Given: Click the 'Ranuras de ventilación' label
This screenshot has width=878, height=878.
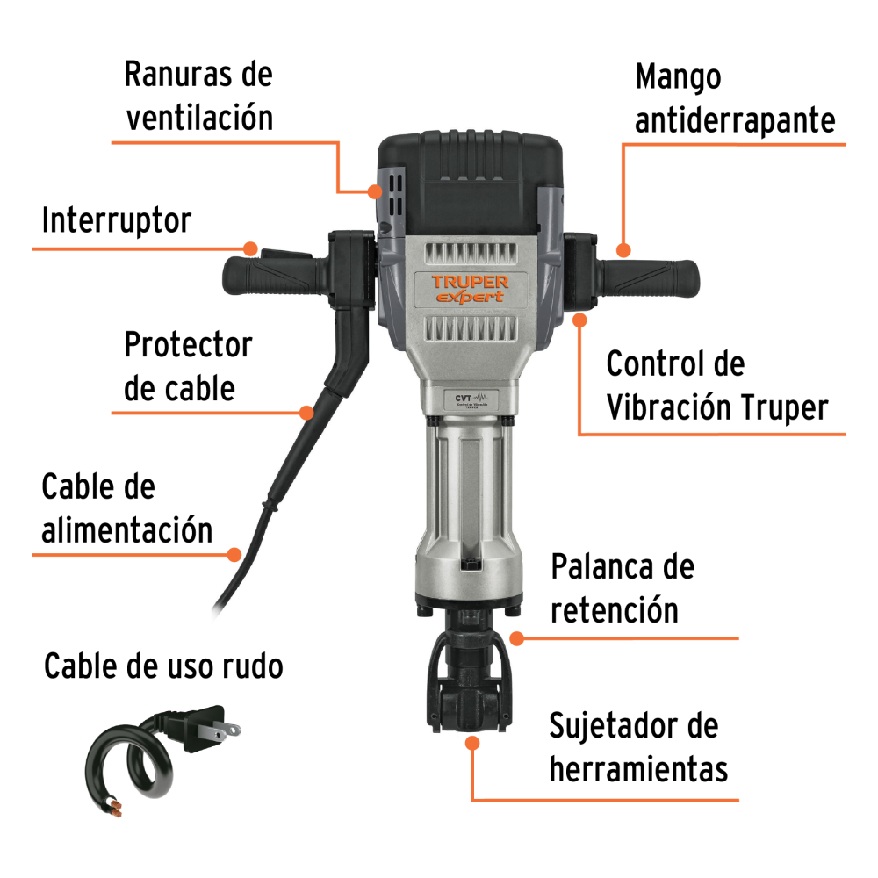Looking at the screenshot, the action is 198,96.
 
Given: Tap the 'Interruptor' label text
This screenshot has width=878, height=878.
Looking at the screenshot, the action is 117,220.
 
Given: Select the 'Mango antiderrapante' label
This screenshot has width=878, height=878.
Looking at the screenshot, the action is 735,98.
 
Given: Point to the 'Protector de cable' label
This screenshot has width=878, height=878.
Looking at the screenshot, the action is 188,366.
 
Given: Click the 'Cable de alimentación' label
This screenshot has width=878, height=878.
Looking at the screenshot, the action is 127,507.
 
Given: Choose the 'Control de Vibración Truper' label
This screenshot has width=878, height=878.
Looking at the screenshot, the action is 716,385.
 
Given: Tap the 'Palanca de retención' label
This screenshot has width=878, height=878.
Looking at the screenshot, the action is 623,588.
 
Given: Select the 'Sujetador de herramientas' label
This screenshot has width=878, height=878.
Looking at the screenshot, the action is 637,747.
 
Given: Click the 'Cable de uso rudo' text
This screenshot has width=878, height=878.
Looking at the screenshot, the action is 163,666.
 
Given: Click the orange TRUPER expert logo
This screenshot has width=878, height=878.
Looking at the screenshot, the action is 471,288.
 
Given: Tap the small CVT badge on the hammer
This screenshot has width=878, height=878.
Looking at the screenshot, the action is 471,399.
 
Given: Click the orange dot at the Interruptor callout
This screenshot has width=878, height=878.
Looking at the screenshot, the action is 250,248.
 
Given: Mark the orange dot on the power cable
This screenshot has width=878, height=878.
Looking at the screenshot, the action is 234,555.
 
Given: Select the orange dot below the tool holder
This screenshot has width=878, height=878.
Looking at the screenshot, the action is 472,743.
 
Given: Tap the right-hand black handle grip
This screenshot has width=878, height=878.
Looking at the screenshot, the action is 649,277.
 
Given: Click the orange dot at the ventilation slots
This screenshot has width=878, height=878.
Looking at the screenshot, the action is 375,191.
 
